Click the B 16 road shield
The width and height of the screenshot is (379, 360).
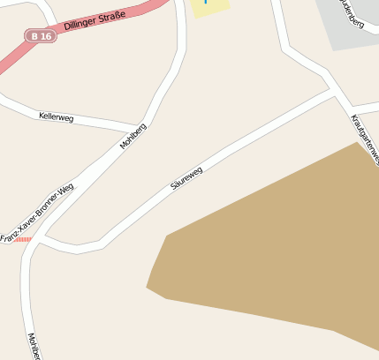point(40,36)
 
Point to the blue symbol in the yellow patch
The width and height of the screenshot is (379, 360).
point(206,3)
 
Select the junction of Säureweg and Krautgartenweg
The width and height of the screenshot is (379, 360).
point(333,92)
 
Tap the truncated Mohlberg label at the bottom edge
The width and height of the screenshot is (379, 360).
point(33,347)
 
